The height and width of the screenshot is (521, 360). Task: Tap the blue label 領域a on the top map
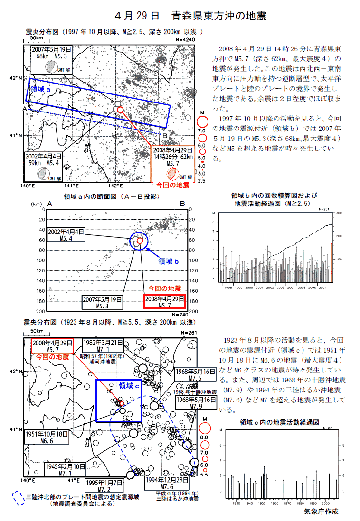tap(41, 88)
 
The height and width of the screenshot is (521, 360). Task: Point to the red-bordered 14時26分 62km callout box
tap(173, 157)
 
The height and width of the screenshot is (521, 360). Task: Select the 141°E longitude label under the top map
tap(71, 186)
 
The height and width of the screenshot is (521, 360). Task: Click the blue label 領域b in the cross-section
tap(168, 260)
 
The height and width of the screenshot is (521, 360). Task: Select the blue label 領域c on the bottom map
tap(129, 386)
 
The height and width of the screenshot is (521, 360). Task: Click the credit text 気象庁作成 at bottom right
tap(322, 512)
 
